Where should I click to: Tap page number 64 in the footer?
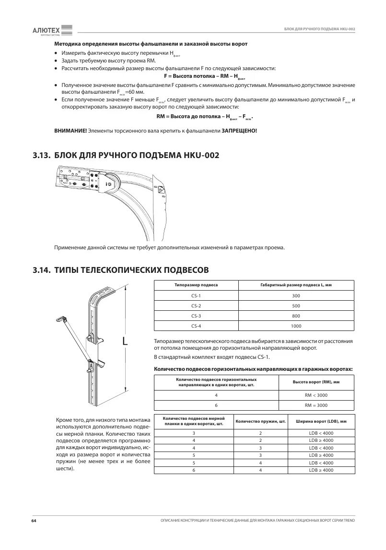point(34,521)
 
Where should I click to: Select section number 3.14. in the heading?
point(42,270)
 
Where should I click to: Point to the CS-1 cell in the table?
point(196,296)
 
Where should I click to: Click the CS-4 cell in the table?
point(196,326)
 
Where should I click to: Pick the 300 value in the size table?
point(295,296)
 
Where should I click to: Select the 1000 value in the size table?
point(295,326)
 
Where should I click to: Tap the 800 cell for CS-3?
point(295,316)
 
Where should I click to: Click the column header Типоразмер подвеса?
point(196,285)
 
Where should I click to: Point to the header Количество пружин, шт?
point(260,421)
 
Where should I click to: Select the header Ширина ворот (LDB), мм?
point(321,421)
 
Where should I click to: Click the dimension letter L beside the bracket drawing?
point(125,342)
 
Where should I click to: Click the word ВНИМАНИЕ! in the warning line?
point(70,131)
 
